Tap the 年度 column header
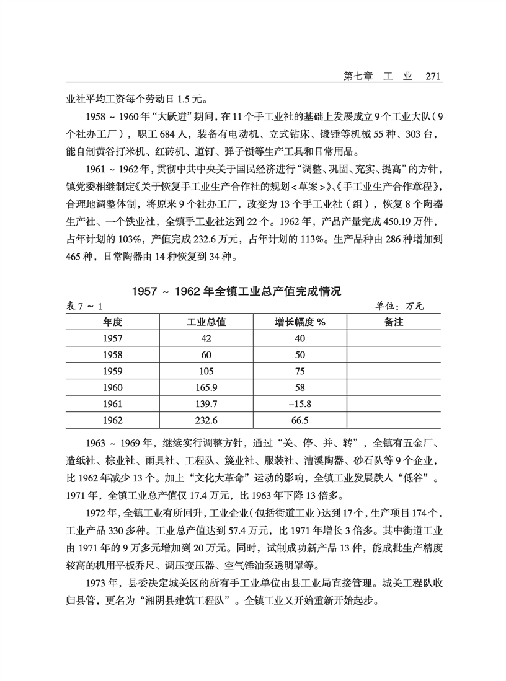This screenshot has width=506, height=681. [x=113, y=322]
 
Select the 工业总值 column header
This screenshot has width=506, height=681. [x=206, y=322]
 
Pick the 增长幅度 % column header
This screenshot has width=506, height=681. [x=300, y=322]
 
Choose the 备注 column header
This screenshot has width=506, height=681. [x=393, y=322]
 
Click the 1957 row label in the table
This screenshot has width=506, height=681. [x=113, y=338]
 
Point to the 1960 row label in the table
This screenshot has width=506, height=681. [x=113, y=388]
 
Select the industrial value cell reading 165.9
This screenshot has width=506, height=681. [x=206, y=388]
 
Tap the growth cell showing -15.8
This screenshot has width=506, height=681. [x=300, y=404]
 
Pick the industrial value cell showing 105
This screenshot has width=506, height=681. [x=206, y=371]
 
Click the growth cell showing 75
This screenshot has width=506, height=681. [x=300, y=371]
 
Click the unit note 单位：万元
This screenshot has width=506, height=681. [x=399, y=307]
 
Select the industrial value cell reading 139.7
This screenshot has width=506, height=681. [x=206, y=404]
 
